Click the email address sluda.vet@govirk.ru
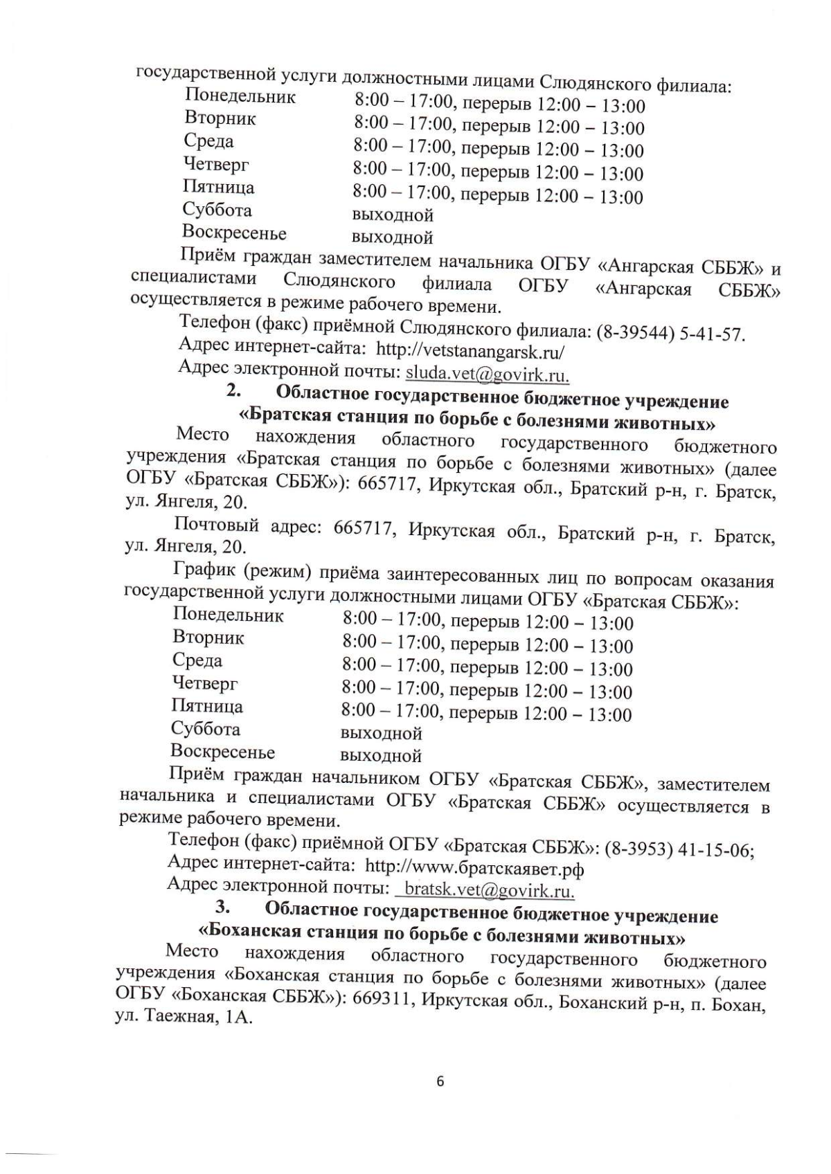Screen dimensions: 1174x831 pyautogui.click(x=488, y=374)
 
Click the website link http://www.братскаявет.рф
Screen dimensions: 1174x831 pyautogui.click(x=474, y=867)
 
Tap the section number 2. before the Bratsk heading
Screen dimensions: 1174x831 pyautogui.click(x=233, y=391)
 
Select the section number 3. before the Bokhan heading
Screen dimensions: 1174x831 pyautogui.click(x=222, y=906)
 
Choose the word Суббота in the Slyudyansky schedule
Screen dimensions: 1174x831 pyautogui.click(x=217, y=210)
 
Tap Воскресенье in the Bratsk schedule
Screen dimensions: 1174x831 pyautogui.click(x=222, y=752)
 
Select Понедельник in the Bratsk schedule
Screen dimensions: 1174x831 pyautogui.click(x=228, y=615)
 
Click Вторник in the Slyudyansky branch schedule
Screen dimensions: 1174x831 pyautogui.click(x=220, y=118)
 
